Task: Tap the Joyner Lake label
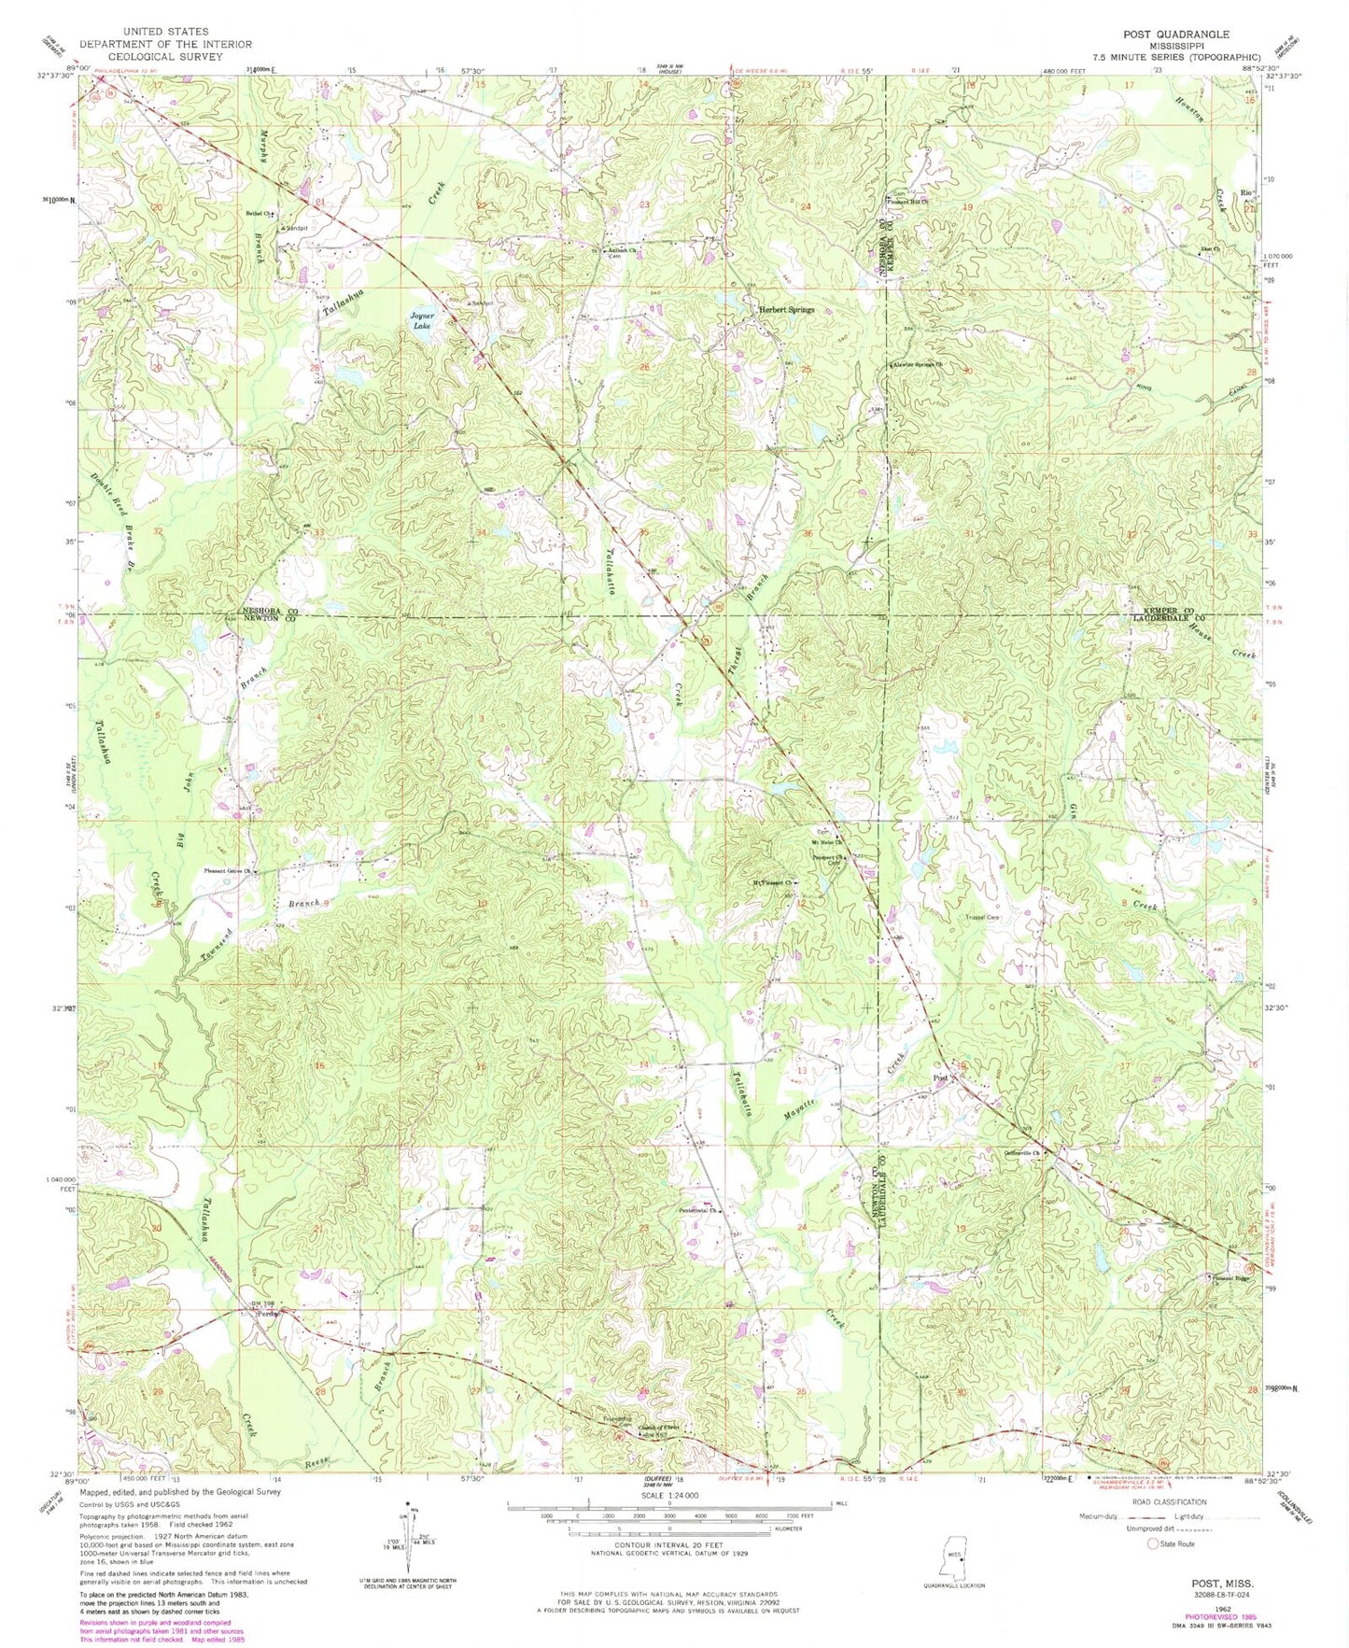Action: coord(421,320)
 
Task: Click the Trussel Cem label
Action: coord(983,918)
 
